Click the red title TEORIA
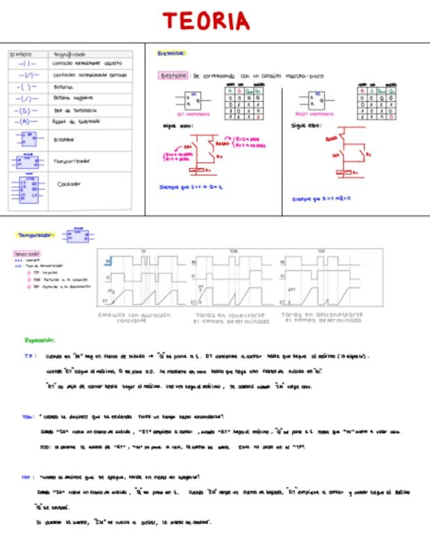(x=206, y=21)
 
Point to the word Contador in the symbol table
(x=69, y=184)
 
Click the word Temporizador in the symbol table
(x=71, y=161)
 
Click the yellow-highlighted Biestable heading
(x=172, y=53)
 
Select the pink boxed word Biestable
(x=174, y=75)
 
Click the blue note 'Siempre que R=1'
(x=321, y=198)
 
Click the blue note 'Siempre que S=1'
(x=191, y=187)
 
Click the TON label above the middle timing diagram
(x=234, y=251)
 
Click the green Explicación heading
(x=40, y=340)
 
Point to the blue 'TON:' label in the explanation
(x=28, y=416)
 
